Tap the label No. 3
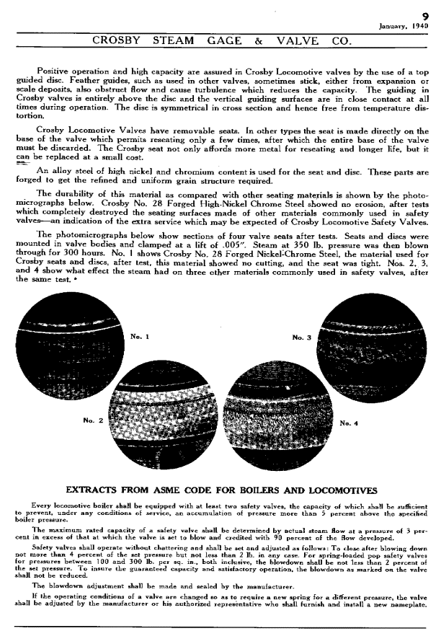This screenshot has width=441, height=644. click(301, 337)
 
